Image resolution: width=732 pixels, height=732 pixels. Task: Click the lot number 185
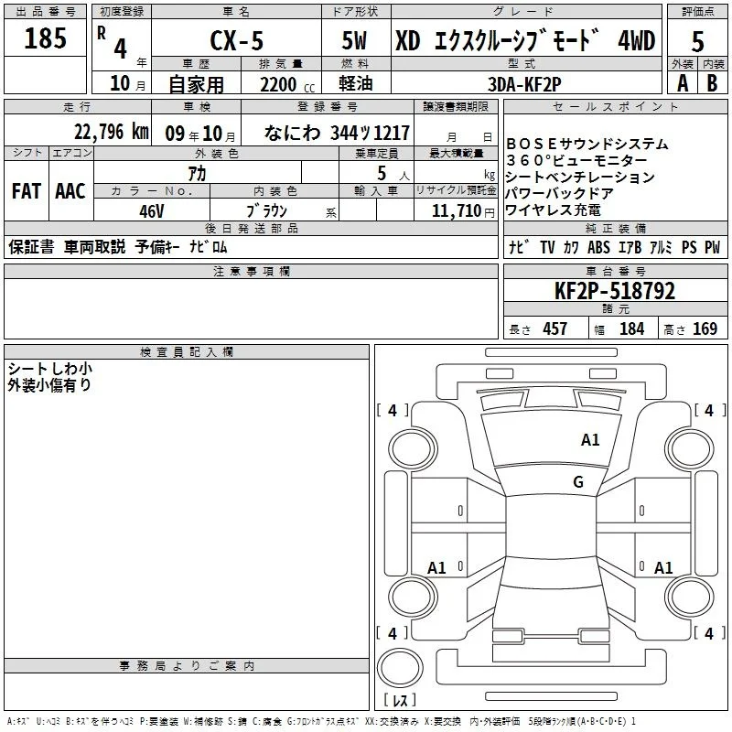[x=45, y=38]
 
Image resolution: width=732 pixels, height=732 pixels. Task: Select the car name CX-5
[x=237, y=40]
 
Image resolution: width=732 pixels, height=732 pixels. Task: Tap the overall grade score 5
[x=697, y=41]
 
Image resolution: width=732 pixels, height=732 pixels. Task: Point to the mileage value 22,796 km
[x=111, y=132]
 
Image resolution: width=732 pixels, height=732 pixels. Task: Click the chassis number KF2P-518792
[x=615, y=291]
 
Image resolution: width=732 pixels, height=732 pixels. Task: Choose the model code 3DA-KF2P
[x=524, y=84]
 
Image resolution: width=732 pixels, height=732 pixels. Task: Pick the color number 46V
[x=152, y=211]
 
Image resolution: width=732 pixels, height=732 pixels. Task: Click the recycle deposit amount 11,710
[x=457, y=210]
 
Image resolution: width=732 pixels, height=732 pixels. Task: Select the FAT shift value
[x=27, y=191]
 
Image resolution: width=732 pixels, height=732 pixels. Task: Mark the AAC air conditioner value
[x=70, y=191]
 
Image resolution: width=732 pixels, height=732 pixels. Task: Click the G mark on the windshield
[x=578, y=481]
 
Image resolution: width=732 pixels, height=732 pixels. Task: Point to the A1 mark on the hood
[x=590, y=440]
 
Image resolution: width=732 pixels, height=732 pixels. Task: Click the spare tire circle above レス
[x=400, y=668]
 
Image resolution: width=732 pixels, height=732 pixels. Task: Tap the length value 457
[x=554, y=328]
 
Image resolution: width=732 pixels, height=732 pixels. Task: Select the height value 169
[x=705, y=328]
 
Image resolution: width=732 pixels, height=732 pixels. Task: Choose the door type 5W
[x=354, y=40]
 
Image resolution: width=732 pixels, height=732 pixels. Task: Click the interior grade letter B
[x=712, y=83]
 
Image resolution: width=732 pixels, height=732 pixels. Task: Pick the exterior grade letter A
[x=683, y=83]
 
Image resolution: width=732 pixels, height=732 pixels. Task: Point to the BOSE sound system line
[x=587, y=144]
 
